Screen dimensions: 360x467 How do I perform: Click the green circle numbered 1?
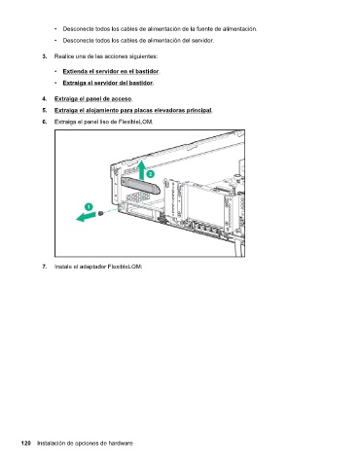[x=89, y=206]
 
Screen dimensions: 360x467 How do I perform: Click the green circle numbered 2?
[x=150, y=174]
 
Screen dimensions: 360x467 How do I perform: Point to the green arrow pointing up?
[x=141, y=170]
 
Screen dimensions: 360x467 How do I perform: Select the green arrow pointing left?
[x=87, y=216]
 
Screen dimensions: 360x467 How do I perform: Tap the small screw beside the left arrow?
[x=101, y=213]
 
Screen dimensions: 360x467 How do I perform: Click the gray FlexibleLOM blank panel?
[x=140, y=186]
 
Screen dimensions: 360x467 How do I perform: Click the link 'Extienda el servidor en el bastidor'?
[x=111, y=71]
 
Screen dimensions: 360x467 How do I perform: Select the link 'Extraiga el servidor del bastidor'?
[x=107, y=83]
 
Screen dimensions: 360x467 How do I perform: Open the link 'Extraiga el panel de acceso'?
[x=93, y=99]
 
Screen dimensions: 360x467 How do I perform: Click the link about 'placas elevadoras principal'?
[x=133, y=111]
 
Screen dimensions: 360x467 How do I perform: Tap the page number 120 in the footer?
[x=26, y=444]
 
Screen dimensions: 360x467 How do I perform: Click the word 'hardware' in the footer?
[x=121, y=444]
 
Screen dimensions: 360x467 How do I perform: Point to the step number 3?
[x=44, y=56]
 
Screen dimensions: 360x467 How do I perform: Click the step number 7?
[x=44, y=267]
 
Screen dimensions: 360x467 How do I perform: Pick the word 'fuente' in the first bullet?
[x=204, y=29]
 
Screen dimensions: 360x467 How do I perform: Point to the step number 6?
[x=44, y=122]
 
